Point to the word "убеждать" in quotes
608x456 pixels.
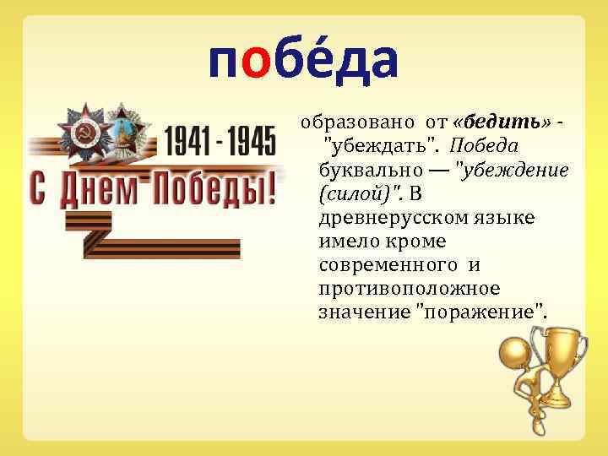(380, 149)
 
